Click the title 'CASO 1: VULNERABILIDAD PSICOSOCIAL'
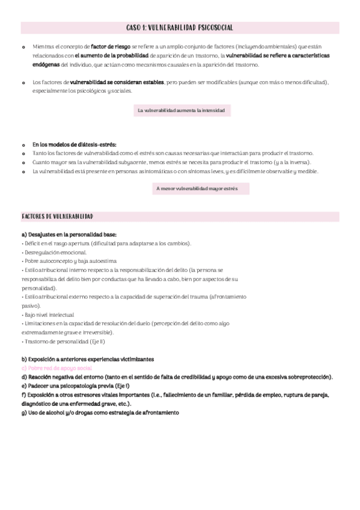point(180,28)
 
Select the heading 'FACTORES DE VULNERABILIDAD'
point(57,216)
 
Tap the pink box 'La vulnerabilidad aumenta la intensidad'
point(181,110)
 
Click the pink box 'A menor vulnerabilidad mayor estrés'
point(197,189)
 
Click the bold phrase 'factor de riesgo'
point(110,46)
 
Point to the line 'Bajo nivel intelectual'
point(48,315)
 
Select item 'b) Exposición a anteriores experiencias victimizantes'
point(87,359)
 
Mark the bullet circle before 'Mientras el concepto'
point(23,46)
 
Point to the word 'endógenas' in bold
point(46,64)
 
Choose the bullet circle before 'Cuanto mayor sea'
point(23,163)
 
